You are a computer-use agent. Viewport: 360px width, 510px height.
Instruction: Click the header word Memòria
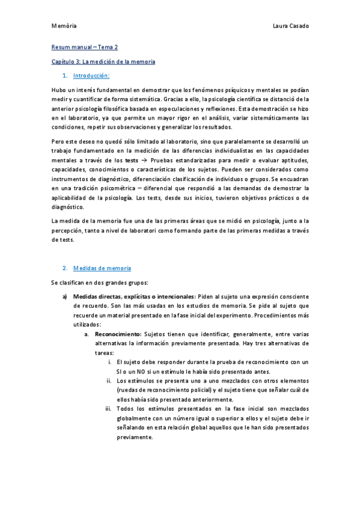tap(63, 26)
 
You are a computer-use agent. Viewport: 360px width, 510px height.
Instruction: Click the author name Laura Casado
tap(291, 26)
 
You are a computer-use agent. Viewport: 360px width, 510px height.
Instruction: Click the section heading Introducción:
tap(91, 76)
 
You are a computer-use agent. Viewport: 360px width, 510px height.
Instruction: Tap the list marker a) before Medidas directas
tap(64, 296)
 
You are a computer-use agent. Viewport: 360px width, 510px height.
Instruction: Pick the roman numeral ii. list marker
tap(109, 380)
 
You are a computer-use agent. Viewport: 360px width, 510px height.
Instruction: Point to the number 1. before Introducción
tap(65, 76)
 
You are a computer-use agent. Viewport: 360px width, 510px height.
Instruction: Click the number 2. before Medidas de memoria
tap(65, 267)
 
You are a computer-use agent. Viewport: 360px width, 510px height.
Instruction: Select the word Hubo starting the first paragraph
tap(59, 90)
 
